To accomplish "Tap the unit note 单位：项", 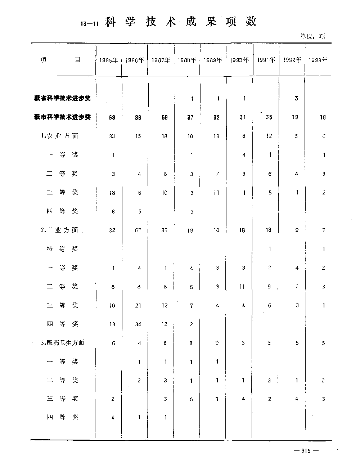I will [312, 36].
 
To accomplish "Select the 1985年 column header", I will [109, 60].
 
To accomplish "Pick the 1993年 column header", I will [318, 60].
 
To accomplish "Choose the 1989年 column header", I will [212, 60].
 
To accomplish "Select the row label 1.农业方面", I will [59, 136].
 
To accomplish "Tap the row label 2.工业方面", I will [59, 230].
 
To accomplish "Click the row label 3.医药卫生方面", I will [62, 343].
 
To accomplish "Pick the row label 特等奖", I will [62, 249].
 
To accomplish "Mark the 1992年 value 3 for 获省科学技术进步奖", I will [296, 98].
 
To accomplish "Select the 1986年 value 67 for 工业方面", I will [138, 230].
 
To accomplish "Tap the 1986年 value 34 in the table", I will [138, 324].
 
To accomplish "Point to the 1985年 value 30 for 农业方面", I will [112, 136].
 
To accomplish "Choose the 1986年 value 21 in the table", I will [138, 305].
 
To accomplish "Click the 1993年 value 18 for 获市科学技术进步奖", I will [323, 117].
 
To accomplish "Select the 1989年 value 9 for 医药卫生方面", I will [217, 343].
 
